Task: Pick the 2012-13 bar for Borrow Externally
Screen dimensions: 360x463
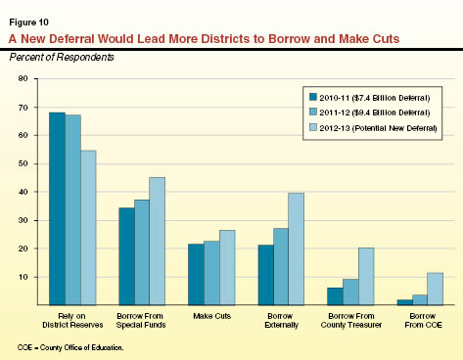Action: [x=296, y=248]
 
